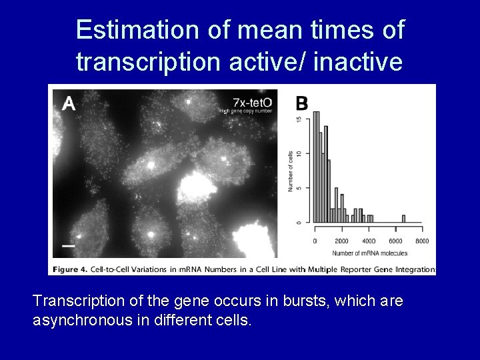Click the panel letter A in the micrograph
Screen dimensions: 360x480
point(68,103)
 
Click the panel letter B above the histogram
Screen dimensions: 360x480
point(301,103)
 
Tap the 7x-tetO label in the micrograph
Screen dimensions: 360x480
point(253,101)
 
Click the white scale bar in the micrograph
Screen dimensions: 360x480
point(68,245)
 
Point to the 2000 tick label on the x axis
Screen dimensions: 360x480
point(341,241)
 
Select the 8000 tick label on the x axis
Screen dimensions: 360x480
point(422,241)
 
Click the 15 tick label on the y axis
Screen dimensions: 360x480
point(298,119)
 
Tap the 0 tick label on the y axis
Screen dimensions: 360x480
point(298,222)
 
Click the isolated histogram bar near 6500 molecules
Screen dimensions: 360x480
point(404,218)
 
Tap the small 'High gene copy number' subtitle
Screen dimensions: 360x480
point(246,111)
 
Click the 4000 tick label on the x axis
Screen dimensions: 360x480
point(368,241)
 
